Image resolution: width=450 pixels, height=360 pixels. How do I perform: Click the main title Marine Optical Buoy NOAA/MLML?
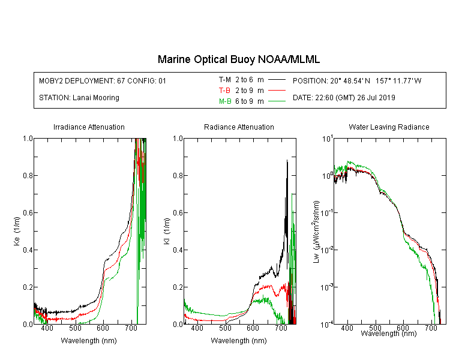[238, 59]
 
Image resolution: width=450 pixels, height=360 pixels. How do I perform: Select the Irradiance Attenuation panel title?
[89, 127]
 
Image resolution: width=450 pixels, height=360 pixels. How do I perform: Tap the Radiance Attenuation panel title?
[239, 127]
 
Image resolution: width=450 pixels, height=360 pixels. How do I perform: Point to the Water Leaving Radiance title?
[389, 127]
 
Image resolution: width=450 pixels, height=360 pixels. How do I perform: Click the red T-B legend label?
[224, 91]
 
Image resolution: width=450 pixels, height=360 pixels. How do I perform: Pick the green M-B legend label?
[225, 101]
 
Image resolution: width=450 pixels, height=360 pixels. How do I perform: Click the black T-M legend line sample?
[277, 80]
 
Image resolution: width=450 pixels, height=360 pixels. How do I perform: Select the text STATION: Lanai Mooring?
[79, 98]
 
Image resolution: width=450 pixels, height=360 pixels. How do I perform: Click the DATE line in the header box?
[344, 98]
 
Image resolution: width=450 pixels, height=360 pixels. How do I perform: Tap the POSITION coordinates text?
[357, 80]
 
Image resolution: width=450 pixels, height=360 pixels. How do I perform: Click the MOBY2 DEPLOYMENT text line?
[103, 80]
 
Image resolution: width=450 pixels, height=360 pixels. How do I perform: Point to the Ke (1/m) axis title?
[17, 232]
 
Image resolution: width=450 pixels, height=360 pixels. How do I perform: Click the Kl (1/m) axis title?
[167, 232]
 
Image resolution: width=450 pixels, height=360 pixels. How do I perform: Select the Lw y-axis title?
[316, 232]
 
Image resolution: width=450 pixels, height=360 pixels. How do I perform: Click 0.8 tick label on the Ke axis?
[28, 175]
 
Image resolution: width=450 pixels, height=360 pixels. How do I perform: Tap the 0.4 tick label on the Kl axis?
[178, 250]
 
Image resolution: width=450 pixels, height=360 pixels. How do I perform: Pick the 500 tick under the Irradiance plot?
[75, 328]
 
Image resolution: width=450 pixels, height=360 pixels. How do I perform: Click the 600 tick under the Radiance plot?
[253, 328]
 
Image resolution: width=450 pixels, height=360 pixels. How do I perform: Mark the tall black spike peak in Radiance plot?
[287, 160]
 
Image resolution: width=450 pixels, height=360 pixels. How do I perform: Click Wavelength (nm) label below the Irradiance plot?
[89, 341]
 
